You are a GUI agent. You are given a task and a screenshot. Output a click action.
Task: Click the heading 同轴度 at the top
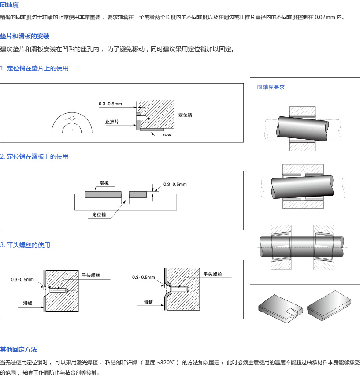(9, 5)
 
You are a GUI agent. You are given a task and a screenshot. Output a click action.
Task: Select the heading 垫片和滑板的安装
(25, 36)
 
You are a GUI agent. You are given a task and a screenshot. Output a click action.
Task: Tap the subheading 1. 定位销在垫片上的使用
(34, 68)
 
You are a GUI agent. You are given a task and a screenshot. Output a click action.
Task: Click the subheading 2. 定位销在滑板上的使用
(34, 156)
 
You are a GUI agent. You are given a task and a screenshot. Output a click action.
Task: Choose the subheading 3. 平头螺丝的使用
(25, 245)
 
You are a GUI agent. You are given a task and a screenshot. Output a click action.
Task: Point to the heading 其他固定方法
(19, 349)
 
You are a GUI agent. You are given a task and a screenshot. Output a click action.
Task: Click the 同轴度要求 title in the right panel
(271, 87)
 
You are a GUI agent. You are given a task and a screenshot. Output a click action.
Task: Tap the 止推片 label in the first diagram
(112, 122)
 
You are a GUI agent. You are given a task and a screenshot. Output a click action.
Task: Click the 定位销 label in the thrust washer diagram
(185, 115)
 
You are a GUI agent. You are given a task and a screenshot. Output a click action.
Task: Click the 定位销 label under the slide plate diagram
(99, 215)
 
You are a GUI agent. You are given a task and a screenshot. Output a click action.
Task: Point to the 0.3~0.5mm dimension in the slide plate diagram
(175, 184)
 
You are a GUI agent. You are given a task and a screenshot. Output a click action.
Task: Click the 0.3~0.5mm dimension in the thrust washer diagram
(110, 104)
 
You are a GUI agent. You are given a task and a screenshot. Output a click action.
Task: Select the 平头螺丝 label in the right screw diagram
(212, 274)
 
